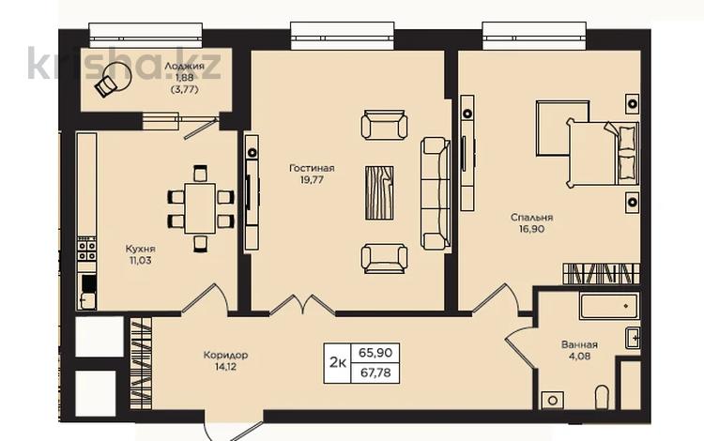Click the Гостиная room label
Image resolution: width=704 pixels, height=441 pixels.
[x=312, y=168]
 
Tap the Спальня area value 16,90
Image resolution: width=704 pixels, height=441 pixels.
[x=531, y=229]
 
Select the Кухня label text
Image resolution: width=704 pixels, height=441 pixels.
[x=140, y=249]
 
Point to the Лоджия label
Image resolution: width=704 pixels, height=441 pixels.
[x=184, y=66]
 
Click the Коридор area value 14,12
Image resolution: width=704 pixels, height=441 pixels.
[x=225, y=367]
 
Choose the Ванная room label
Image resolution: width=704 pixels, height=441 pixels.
[x=579, y=344]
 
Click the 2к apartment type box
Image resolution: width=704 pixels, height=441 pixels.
[x=338, y=363]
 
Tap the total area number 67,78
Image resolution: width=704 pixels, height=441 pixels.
[x=375, y=373]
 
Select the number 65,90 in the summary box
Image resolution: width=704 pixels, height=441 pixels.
[x=375, y=353]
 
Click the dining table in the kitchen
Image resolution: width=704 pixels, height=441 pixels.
[x=200, y=208]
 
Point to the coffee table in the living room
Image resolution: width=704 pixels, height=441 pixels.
[x=379, y=193]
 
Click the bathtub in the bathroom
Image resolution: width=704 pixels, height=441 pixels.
[x=609, y=306]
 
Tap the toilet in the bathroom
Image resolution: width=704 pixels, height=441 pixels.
[x=602, y=397]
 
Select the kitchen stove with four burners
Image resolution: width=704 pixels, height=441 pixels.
[x=86, y=251]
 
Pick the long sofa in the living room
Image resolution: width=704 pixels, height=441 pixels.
[x=435, y=193]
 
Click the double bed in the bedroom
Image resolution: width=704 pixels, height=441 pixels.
[x=603, y=153]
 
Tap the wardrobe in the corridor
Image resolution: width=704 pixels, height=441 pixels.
[x=141, y=363]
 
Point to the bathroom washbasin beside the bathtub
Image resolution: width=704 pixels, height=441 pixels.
[x=632, y=339]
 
